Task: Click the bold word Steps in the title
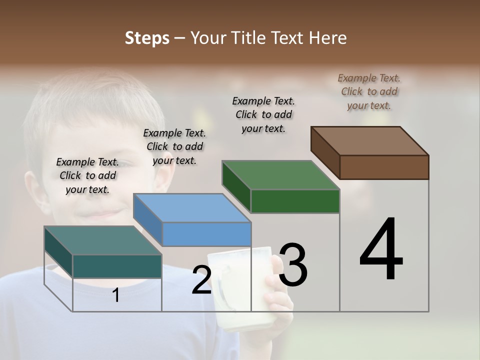coord(147,38)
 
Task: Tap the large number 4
coord(381,250)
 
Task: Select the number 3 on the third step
coord(293,265)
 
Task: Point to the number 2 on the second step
coord(201,280)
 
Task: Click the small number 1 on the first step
coord(116,295)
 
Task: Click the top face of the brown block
coord(369,140)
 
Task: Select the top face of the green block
coord(280,175)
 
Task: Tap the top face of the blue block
coord(192,207)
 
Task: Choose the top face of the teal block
coord(103,240)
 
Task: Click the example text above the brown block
coord(369,91)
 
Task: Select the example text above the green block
coord(263,114)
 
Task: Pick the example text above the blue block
coord(174,146)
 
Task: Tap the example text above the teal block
coord(87,175)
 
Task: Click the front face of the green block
coord(295,201)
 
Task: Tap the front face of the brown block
coord(384,167)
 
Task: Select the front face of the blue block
coord(206,234)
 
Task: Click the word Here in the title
coord(327,38)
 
